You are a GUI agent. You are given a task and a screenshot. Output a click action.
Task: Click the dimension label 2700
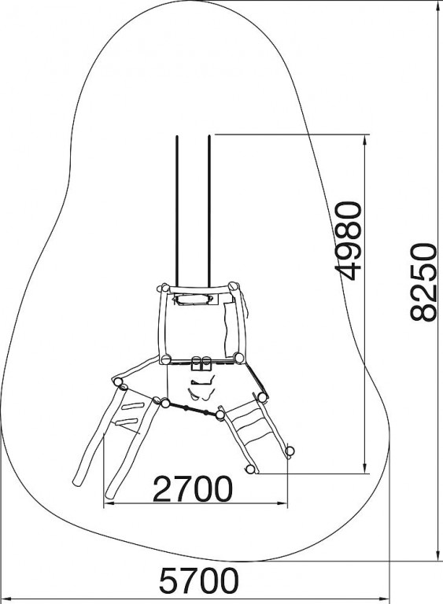193,488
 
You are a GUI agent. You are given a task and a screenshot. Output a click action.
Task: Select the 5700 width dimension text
199,580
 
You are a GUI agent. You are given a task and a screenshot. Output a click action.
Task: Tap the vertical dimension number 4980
349,241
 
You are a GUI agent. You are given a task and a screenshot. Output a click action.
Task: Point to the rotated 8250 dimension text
423,282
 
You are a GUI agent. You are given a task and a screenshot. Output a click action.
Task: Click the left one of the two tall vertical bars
177,211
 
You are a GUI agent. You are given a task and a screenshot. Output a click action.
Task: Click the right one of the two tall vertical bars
209,211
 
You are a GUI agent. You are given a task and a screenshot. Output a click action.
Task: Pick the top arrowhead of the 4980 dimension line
365,140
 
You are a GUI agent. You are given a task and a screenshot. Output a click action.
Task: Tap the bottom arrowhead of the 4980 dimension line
365,467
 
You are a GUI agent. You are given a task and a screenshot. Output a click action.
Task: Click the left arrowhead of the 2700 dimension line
110,503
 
